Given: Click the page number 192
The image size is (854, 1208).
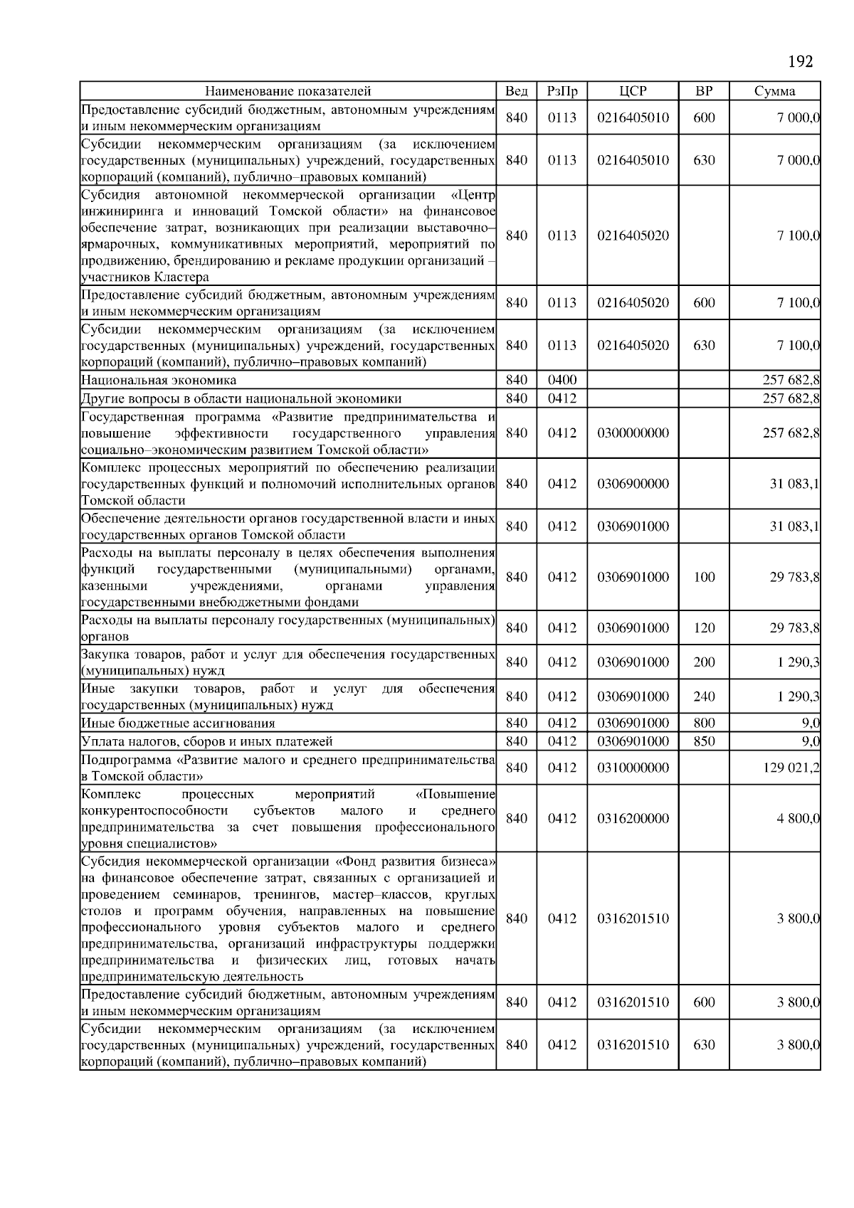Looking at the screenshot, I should point(800,62).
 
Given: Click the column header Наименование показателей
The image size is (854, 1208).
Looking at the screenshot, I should point(288,91).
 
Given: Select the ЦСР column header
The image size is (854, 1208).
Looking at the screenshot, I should point(633,91).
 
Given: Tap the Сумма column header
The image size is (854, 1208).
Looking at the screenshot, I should point(774,91).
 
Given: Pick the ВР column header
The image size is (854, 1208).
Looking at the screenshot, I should point(703,91).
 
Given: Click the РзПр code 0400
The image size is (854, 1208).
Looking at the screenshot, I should point(562,380).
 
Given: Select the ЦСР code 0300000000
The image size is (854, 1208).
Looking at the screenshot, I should point(633,433).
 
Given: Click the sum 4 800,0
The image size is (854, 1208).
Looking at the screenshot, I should point(798,818).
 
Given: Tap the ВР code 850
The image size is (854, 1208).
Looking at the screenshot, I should point(703,741).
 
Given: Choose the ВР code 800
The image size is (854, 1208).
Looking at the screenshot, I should point(703,723).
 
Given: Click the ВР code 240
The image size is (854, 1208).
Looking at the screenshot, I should point(703,696).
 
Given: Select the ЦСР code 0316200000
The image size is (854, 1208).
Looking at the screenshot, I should point(633,818).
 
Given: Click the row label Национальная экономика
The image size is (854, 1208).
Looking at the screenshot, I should point(159,380).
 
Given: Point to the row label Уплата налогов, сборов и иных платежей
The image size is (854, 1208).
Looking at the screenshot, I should point(206,741).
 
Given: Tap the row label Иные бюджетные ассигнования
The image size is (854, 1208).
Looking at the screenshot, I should point(178,723).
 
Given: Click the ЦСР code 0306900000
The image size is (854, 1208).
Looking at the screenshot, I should point(633,484).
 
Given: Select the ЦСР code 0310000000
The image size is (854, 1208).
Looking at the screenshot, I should point(633,768).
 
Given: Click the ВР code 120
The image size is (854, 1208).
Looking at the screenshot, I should point(703,627).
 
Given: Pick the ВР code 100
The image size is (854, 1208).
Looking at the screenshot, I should point(703,577).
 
